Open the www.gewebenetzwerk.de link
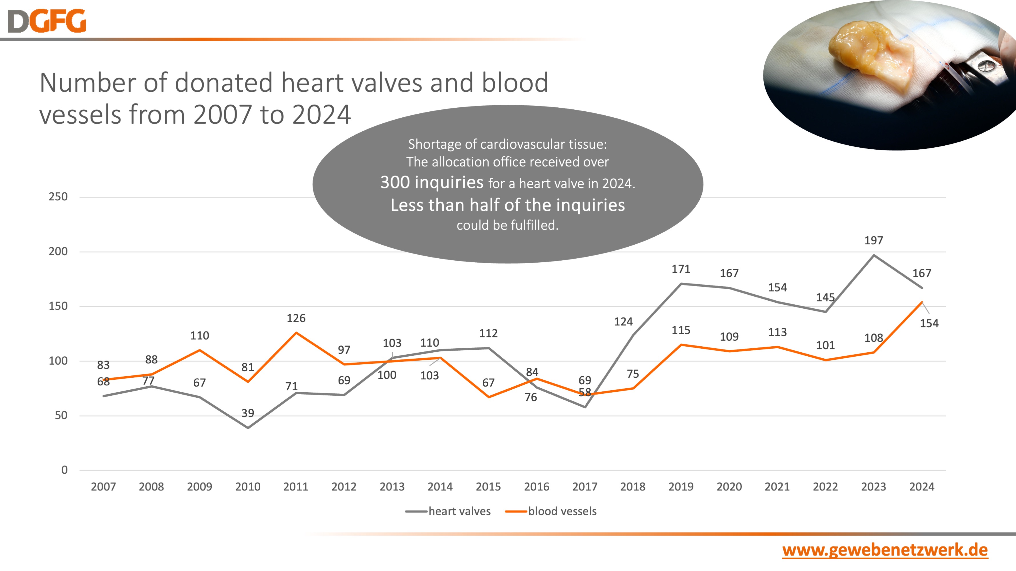(x=885, y=550)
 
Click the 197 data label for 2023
(x=874, y=240)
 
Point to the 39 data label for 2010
(x=248, y=413)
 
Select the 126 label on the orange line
(x=296, y=318)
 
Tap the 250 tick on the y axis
(x=58, y=197)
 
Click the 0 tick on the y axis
(x=64, y=470)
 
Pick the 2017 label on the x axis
(x=585, y=487)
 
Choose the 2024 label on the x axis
(x=921, y=487)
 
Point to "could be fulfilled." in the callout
(x=508, y=225)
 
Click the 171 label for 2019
(x=681, y=269)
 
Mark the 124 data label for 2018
(x=623, y=321)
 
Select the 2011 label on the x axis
(x=296, y=487)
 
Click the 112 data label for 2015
(x=488, y=333)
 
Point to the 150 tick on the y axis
(x=58, y=306)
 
